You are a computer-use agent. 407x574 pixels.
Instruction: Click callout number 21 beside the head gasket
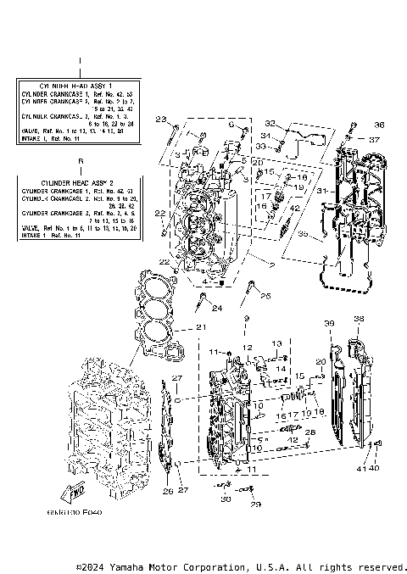point(201,327)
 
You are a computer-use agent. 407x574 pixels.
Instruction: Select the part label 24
point(216,308)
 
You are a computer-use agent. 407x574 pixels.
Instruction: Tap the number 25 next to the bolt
point(265,296)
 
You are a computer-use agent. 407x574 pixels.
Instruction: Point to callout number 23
point(160,120)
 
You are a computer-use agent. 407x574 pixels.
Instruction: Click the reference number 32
point(270,123)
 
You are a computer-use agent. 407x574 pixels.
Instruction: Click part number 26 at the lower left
point(167,491)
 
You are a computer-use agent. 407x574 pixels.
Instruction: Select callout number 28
point(309,432)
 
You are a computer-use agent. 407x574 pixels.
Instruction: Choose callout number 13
point(276,342)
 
